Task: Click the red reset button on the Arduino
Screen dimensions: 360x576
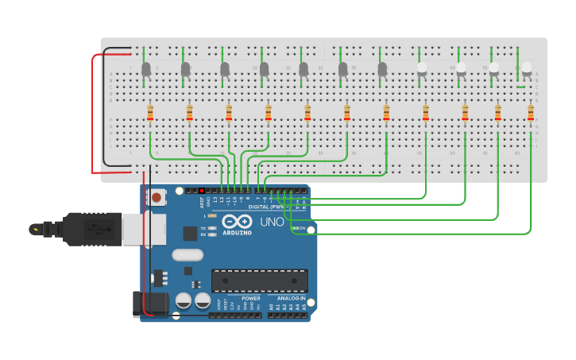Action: tap(157, 196)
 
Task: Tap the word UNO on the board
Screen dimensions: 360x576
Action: tap(272, 222)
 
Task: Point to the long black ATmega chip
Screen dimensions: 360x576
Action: tap(259, 281)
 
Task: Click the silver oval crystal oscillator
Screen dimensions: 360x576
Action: tap(187, 255)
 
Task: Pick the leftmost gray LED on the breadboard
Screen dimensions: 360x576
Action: tap(146, 70)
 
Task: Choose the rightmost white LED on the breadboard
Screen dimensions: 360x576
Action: tap(527, 69)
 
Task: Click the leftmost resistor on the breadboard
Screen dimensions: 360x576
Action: tap(149, 114)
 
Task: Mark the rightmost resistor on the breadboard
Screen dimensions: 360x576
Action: tap(531, 114)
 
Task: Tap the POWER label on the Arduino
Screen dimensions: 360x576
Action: tap(240, 299)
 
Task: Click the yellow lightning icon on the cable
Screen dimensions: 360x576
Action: tap(34, 230)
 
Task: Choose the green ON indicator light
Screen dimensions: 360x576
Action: tap(295, 229)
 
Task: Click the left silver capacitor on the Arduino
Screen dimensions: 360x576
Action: tap(184, 301)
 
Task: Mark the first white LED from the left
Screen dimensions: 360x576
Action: tap(422, 70)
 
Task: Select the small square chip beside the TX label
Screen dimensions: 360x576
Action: tap(190, 233)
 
